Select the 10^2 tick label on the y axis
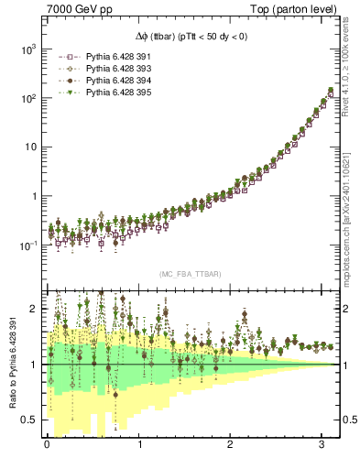pos(28,98)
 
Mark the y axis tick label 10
pos(31,147)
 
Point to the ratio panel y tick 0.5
pos(31,420)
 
